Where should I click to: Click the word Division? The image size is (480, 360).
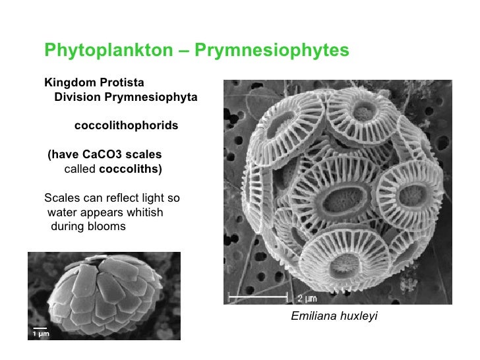click(76, 97)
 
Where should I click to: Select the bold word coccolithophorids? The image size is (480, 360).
click(126, 125)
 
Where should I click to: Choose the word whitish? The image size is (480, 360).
click(141, 212)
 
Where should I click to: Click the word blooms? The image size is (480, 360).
click(106, 227)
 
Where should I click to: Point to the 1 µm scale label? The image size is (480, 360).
click(40, 334)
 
